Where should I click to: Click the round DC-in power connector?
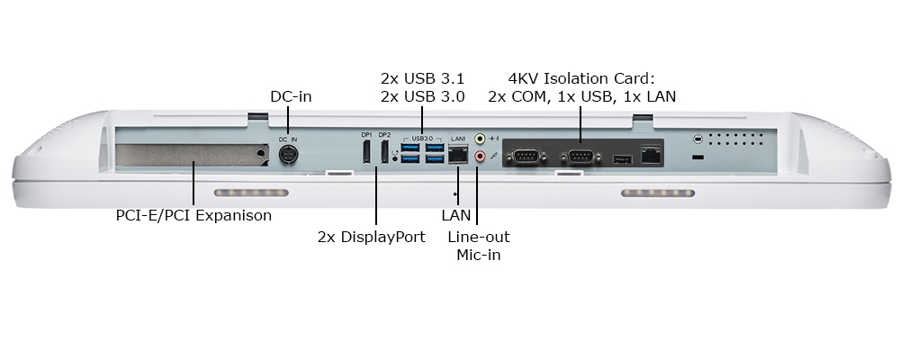point(288,156)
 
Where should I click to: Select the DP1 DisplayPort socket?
point(366,152)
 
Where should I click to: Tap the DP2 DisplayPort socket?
point(384,152)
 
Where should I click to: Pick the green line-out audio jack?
point(480,139)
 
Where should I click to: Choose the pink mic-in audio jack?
point(480,157)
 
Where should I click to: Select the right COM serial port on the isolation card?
point(580,157)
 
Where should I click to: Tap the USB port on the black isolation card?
point(621,159)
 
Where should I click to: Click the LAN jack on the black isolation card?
point(650,154)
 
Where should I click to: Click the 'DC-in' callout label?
point(291,96)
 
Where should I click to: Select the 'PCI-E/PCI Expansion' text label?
point(193,216)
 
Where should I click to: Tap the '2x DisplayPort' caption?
point(371,238)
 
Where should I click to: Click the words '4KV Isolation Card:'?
point(581,78)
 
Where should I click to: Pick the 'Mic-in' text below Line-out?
point(478,256)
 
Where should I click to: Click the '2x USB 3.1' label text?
point(422,78)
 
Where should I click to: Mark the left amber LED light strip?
point(251,193)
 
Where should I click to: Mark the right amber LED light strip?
point(657,193)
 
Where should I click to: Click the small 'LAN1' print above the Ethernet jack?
point(457,138)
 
